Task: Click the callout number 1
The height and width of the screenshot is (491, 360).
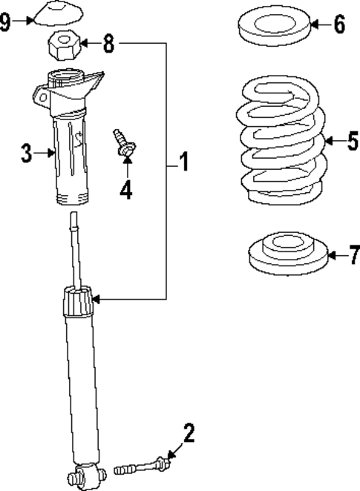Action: [x=183, y=161]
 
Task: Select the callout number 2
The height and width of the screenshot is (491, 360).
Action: [x=189, y=433]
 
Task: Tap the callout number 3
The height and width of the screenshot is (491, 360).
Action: [x=26, y=154]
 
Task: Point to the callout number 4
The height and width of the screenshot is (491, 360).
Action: [x=126, y=190]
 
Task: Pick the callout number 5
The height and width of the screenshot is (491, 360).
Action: [x=352, y=140]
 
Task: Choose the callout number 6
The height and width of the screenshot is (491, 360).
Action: [x=338, y=24]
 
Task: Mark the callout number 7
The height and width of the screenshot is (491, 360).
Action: [x=353, y=257]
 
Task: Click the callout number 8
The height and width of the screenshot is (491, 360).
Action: [x=108, y=44]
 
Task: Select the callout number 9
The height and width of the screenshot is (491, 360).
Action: [x=6, y=22]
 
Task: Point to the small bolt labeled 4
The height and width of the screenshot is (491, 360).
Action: [x=122, y=142]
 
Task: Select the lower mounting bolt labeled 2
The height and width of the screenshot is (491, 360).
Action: [x=141, y=467]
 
